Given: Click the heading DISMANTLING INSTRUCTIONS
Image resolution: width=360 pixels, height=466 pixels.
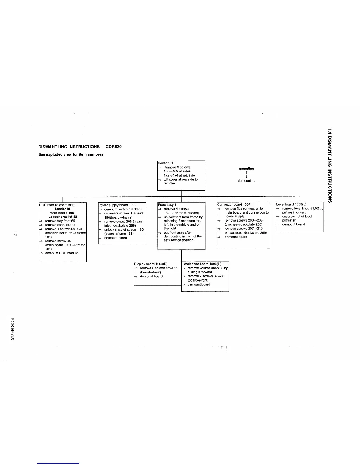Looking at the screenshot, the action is pos(69,147).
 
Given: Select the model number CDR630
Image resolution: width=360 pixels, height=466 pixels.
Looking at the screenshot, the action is pos(114,147).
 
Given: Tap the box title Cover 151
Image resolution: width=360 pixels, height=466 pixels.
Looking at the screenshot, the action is pos(166,163).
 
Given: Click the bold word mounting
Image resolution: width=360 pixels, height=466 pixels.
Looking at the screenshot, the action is pos(246,169).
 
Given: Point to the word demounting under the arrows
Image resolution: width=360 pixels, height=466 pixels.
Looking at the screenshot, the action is pos(246,181).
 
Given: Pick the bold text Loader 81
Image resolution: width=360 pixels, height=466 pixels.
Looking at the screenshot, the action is pos(63,209).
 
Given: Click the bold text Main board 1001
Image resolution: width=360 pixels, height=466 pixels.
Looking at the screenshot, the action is pos(63,213).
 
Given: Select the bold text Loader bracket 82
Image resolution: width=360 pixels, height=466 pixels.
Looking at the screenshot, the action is pos(63,217).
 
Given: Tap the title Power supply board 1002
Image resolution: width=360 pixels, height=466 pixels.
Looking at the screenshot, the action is pos(118,205).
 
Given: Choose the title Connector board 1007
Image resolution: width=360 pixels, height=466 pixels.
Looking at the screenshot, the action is pos(234,204).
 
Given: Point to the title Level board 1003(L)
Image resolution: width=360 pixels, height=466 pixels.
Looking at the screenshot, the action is pos(291,204).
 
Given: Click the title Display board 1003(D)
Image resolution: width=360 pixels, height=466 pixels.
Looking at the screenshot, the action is pos(151,264).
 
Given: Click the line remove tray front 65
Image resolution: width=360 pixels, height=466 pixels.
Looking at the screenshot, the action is pos(60,221).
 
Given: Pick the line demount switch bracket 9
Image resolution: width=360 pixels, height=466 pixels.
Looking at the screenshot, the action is pos(123,209).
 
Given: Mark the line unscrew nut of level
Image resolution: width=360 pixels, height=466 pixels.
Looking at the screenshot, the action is pos(297,217).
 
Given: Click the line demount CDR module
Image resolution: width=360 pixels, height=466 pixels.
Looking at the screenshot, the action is pos(62,253).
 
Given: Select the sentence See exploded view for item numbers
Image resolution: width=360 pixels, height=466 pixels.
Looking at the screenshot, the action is pos(71,154).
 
